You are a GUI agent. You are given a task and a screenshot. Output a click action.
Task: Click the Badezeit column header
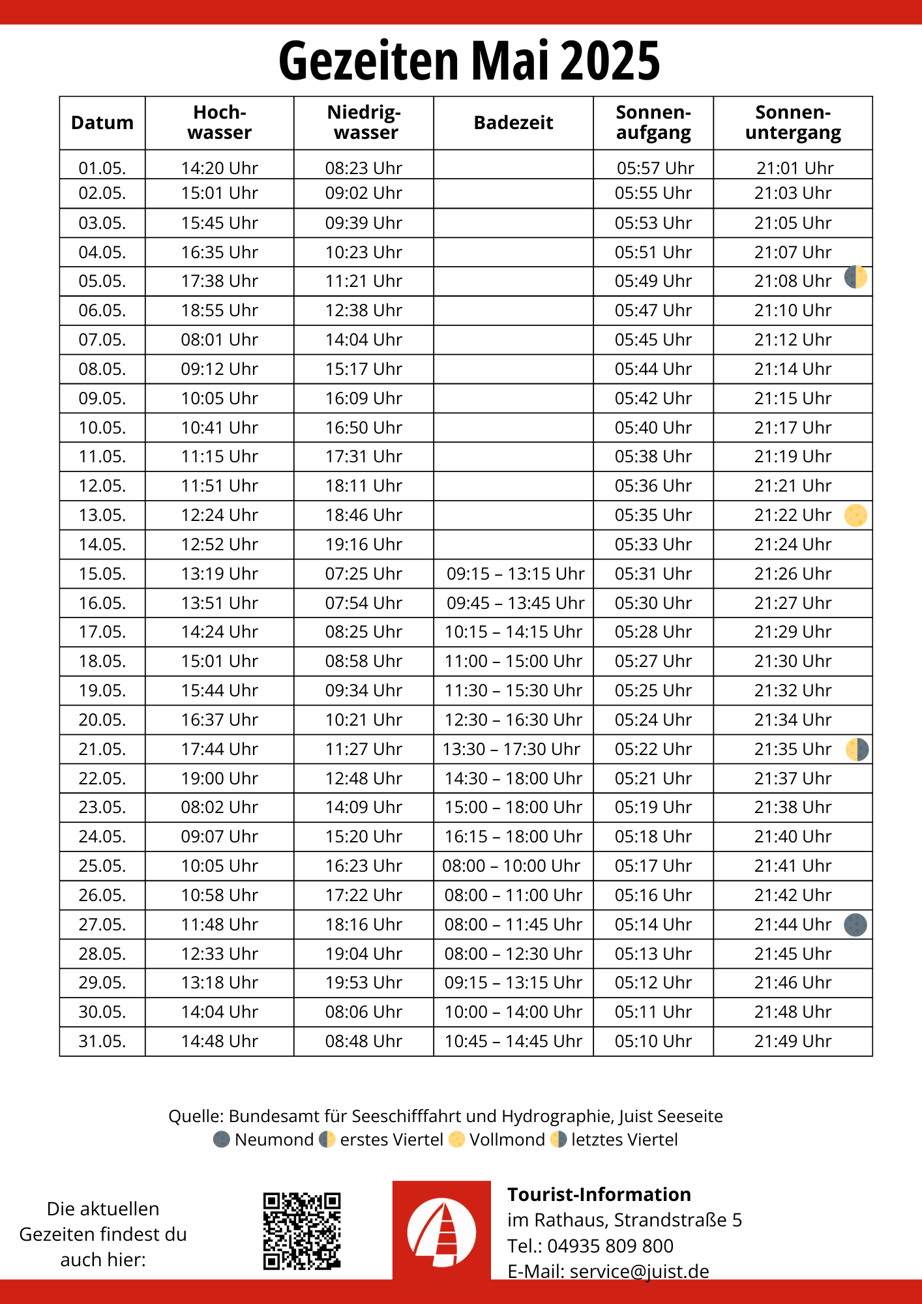coord(513,123)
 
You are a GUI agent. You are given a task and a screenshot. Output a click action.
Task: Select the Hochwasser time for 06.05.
coord(220,310)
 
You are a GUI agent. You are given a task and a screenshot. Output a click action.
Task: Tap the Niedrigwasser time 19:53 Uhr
coord(364,983)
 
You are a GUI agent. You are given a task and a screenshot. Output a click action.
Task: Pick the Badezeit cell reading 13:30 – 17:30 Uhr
coord(512,749)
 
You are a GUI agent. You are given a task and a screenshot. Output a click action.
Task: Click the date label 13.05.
coord(102,515)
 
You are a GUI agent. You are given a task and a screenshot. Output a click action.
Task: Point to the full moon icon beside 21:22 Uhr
coord(855,515)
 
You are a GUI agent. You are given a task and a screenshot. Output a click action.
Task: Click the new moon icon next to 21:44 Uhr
coord(855,925)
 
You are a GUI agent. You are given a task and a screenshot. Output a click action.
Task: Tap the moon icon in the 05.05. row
coord(855,278)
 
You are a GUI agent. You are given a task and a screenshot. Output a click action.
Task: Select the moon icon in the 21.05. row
coord(857,749)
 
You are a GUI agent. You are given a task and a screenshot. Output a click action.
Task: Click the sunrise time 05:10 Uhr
coord(653,1041)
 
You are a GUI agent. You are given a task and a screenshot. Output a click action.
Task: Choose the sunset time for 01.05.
coord(795,168)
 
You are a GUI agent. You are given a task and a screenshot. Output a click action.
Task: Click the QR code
coord(302,1231)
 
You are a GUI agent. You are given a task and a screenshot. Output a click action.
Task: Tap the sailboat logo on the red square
coord(441,1230)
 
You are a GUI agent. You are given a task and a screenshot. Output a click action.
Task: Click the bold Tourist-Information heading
coord(599,1194)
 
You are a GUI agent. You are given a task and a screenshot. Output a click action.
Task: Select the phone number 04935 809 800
coord(610,1246)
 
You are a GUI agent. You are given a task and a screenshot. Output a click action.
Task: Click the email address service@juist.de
coord(639,1271)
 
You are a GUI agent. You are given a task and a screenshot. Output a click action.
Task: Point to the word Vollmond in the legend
coord(507,1140)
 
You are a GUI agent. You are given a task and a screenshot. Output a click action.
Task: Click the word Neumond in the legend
coord(274,1140)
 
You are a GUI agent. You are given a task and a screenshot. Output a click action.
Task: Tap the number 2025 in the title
coord(610,61)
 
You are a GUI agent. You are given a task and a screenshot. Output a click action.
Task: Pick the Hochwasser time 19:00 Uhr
coord(220,778)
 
